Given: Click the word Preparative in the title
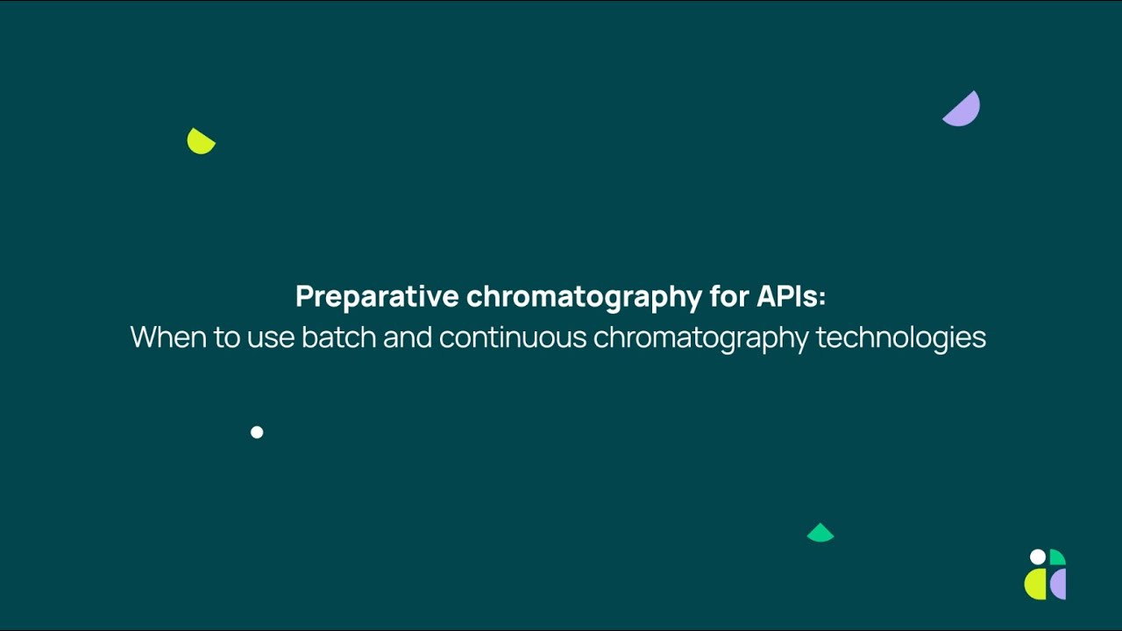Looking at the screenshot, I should [377, 297].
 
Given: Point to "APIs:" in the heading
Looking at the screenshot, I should [791, 297].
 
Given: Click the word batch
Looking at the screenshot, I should [338, 337].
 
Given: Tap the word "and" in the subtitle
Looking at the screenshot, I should [408, 337].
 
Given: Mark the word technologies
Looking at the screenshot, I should [900, 337].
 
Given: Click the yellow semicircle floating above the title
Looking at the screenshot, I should [200, 142].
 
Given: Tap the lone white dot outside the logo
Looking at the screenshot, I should [257, 432].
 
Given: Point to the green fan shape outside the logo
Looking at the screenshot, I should [820, 534].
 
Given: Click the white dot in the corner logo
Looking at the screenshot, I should [1038, 557].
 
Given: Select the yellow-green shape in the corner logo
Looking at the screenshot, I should [1036, 585].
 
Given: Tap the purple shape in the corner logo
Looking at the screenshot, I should [1058, 584].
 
